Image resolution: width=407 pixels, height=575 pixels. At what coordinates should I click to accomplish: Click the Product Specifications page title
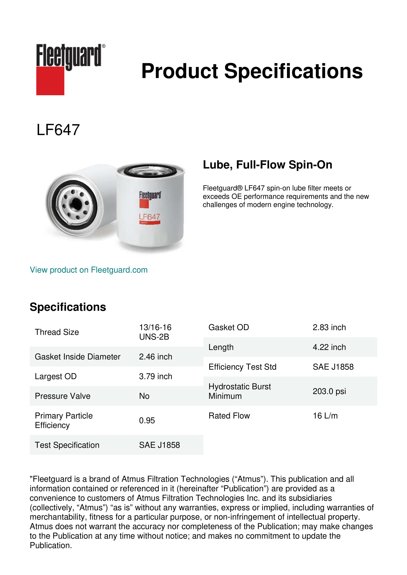coord(252,71)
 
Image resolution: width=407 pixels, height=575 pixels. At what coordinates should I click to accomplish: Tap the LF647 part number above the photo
coord(58,130)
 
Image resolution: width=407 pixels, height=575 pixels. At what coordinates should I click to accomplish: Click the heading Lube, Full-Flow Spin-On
coord(267,165)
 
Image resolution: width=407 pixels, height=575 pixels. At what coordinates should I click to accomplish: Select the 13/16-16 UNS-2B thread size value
coord(155,332)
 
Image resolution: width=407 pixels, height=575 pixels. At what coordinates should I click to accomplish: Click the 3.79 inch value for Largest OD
coord(155,376)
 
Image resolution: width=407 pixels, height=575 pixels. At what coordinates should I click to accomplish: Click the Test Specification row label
coord(67,445)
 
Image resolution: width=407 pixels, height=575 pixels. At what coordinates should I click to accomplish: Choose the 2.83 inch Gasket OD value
coord(329,327)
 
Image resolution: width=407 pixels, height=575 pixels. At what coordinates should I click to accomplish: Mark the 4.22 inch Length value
coord(329,347)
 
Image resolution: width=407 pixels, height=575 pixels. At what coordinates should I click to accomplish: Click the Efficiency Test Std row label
coord(242,367)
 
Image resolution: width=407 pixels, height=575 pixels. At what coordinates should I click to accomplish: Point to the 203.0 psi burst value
coord(329,391)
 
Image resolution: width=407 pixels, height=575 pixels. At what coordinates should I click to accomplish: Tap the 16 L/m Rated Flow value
coord(325,416)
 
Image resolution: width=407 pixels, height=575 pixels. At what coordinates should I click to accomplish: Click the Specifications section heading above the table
coord(68,307)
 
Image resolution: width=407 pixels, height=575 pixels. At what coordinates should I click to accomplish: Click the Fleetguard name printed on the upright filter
coord(150,195)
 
